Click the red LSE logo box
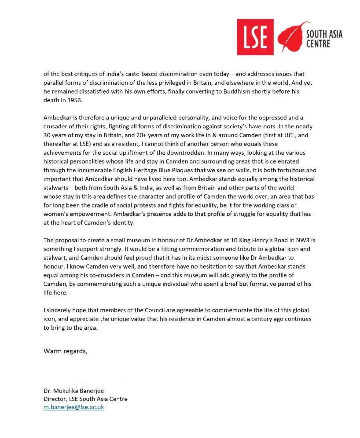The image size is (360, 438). point(255,37)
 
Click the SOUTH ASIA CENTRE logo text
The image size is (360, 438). point(324,39)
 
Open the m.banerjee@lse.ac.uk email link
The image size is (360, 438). point(74,407)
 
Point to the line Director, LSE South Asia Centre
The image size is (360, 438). point(86,399)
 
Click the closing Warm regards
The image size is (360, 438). point(65,351)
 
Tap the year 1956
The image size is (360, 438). point(74,100)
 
